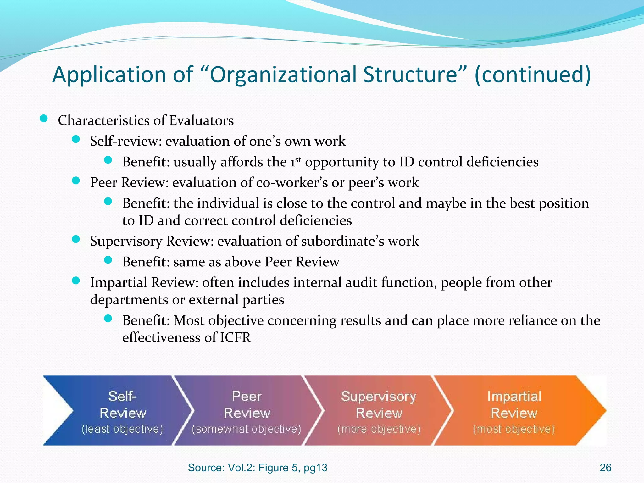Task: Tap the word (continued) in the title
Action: coord(533,75)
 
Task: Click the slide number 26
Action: coord(605,468)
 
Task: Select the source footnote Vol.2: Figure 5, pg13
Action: coord(258,468)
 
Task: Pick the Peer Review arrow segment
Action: coord(247,410)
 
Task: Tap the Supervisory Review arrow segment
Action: coord(379,410)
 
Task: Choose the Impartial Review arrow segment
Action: coord(514,410)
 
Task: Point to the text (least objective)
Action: coord(122,429)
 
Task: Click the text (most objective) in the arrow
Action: coord(514,429)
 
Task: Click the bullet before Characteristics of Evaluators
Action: coord(44,119)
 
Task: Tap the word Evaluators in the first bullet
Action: coord(201,121)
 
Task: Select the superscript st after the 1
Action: coord(298,159)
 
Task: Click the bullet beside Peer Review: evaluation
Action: coord(76,180)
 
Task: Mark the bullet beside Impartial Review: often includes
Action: coord(76,280)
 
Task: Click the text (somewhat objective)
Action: coord(247,429)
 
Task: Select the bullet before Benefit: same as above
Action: coord(108,260)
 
